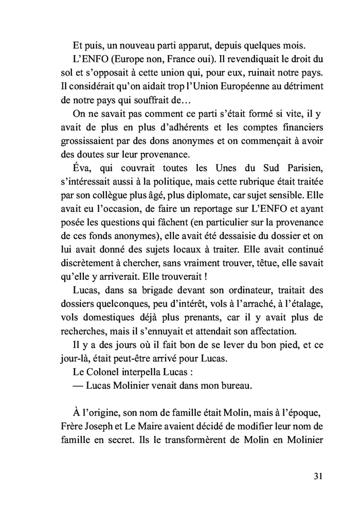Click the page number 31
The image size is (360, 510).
pyautogui.click(x=318, y=476)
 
